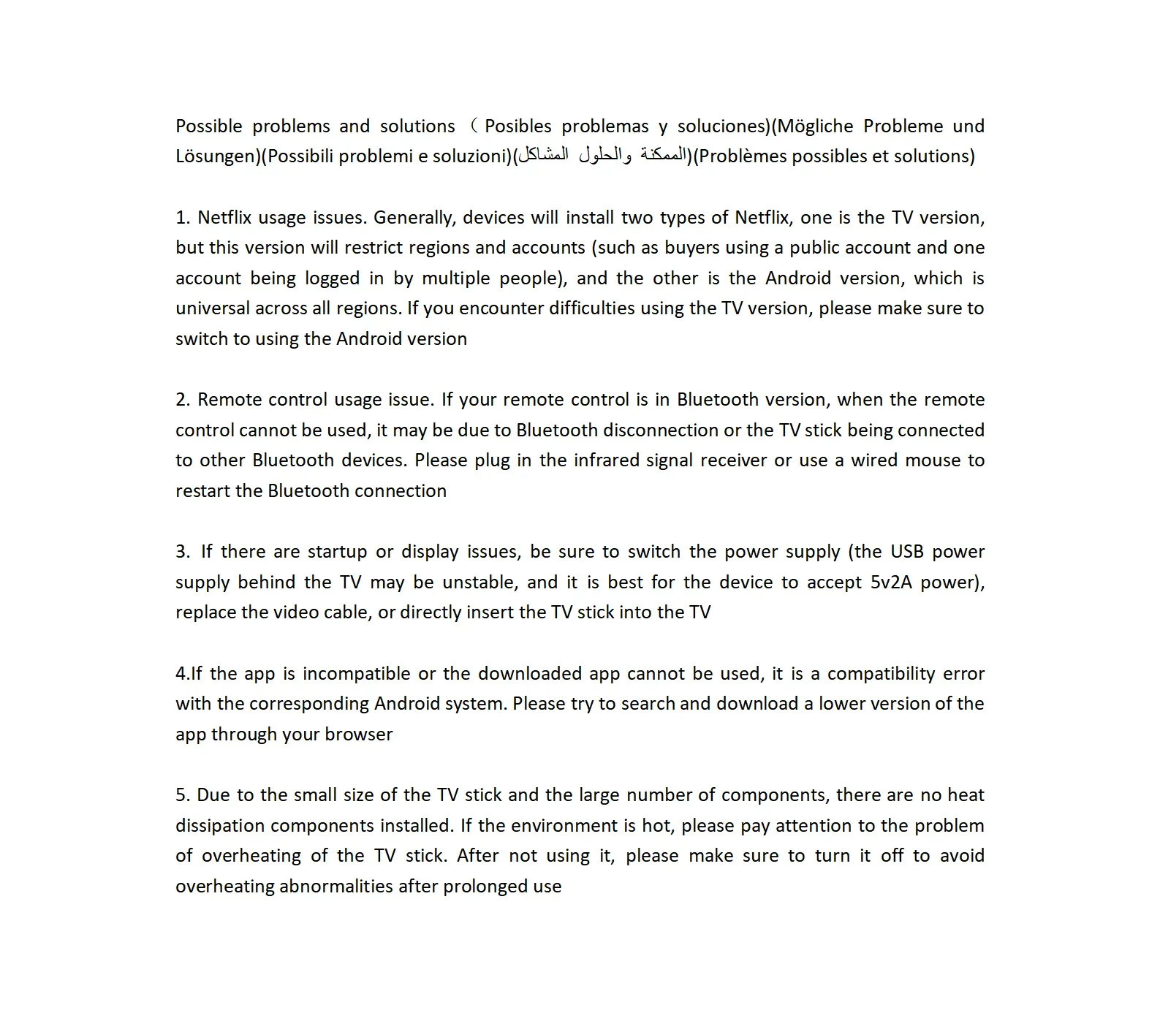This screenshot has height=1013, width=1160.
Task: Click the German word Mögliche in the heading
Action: point(815,126)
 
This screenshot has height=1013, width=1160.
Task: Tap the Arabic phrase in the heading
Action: point(602,156)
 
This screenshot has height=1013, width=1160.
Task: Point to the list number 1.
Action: point(182,218)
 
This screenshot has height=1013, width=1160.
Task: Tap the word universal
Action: point(212,308)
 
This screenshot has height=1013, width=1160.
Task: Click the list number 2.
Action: point(182,400)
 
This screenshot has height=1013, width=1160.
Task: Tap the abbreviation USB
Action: point(906,552)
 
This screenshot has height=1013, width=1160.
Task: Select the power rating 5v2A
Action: point(891,583)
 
